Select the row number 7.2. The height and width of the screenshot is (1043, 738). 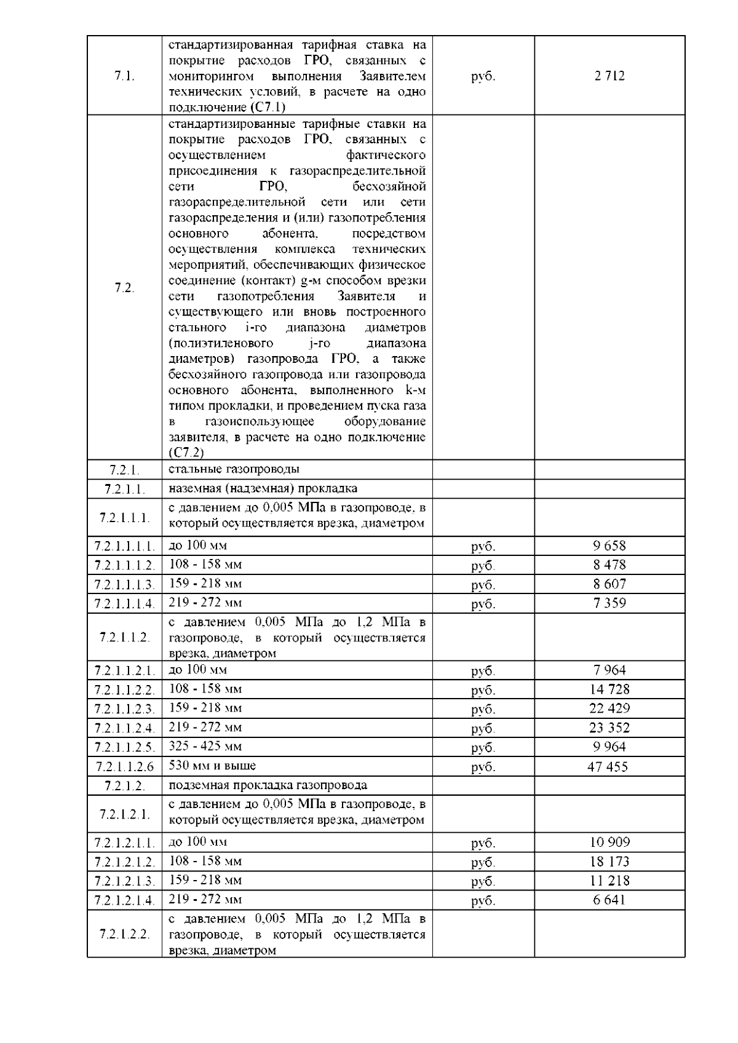(124, 288)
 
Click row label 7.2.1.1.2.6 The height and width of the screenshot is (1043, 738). (124, 766)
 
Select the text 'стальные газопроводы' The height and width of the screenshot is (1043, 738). (234, 469)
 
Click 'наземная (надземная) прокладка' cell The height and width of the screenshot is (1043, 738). (263, 489)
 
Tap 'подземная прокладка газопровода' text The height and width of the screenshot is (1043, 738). (268, 785)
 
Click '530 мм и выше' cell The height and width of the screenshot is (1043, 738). (212, 766)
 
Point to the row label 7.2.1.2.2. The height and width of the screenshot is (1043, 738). (124, 934)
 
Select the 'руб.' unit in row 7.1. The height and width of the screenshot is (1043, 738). (483, 77)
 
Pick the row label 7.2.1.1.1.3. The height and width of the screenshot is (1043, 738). (124, 584)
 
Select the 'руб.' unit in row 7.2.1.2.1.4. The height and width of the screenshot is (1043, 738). (483, 901)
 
